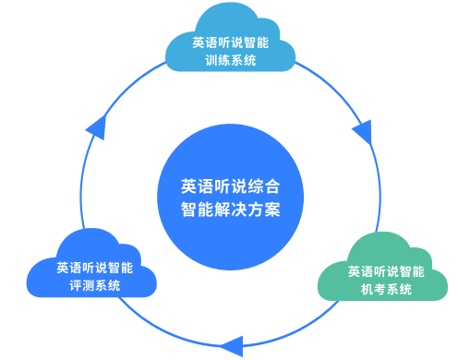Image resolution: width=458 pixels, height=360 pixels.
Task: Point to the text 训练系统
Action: [x=231, y=61]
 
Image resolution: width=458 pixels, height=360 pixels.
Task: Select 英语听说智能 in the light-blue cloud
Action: [x=231, y=42]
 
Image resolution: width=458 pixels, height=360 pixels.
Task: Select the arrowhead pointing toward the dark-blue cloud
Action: [x=231, y=346]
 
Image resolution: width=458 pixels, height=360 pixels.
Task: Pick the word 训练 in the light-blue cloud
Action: [x=218, y=61]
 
